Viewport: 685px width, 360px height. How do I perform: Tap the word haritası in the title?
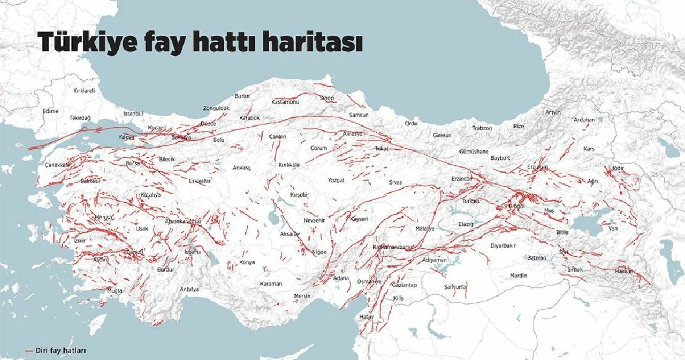click(x=312, y=42)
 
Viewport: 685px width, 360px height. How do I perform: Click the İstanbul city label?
click(x=133, y=113)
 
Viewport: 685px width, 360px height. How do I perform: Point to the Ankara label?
click(x=241, y=167)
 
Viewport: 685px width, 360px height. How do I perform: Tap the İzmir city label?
click(x=79, y=241)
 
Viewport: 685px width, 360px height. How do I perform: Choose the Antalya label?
click(x=189, y=289)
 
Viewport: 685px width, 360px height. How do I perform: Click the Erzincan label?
click(x=462, y=178)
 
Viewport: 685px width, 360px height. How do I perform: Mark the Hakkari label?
click(x=624, y=271)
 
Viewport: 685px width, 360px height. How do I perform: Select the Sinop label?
click(x=327, y=98)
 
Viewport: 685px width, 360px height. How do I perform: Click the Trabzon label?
click(x=482, y=128)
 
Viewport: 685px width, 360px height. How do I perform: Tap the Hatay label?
click(x=367, y=317)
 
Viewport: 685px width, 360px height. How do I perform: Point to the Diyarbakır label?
click(x=503, y=246)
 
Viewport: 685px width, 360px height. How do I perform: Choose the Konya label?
click(x=247, y=262)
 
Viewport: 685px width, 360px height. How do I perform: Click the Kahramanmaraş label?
click(x=393, y=247)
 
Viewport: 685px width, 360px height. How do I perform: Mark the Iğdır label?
click(x=618, y=168)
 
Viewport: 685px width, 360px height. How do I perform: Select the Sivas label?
click(x=395, y=182)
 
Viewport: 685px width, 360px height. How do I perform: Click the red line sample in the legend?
click(x=29, y=351)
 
